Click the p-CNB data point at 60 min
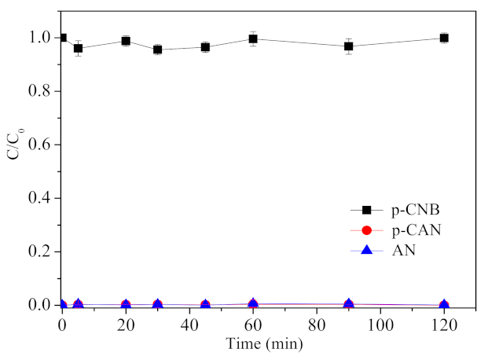[x=253, y=39]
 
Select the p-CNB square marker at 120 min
[x=444, y=38]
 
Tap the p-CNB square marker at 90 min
[x=348, y=46]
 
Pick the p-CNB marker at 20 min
[x=126, y=41]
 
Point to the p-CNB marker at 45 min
[x=205, y=47]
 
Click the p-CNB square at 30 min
[x=158, y=50]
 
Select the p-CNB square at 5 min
[x=78, y=48]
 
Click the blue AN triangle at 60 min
[x=253, y=303]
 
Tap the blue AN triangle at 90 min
[x=348, y=303]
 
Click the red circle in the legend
[x=365, y=230]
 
